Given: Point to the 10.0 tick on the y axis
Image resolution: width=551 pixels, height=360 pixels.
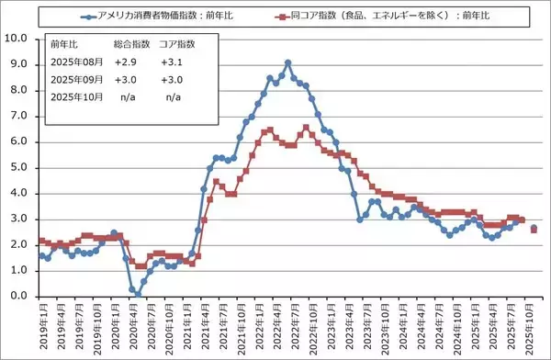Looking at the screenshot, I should (18, 39).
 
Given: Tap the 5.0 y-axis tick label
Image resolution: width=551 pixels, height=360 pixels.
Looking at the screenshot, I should (21, 167).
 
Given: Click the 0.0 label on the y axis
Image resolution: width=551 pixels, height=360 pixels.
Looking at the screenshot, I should (21, 297).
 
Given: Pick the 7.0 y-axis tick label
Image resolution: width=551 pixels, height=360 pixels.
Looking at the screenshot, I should (21, 116).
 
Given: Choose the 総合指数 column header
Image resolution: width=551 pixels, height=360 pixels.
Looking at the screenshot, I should (129, 43).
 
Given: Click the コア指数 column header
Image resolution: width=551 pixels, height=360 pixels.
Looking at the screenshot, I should (175, 43).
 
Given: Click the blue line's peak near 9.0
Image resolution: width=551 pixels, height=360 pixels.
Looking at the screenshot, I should (287, 62).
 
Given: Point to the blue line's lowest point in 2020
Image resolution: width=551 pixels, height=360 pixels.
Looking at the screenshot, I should (138, 294).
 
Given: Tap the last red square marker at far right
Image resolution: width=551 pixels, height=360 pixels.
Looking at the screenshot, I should (534, 230).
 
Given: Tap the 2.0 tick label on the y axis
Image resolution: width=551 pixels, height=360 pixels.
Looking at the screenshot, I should (21, 245).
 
